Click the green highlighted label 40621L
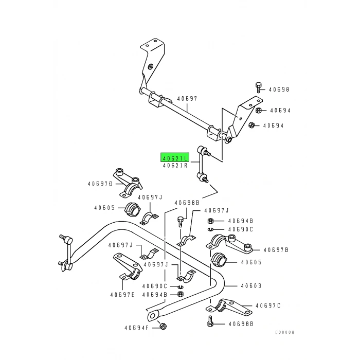pos(175,158)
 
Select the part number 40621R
pos(175,166)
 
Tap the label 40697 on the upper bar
pos(187,99)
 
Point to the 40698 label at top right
pos(280,89)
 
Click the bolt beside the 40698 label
pos(258,87)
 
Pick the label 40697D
pos(99,184)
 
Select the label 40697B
pos(276,250)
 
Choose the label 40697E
pos(122,295)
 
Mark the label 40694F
pos(136,328)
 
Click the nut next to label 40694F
pos(163,326)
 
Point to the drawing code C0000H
pos(283,347)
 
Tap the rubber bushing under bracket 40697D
pos(133,209)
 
